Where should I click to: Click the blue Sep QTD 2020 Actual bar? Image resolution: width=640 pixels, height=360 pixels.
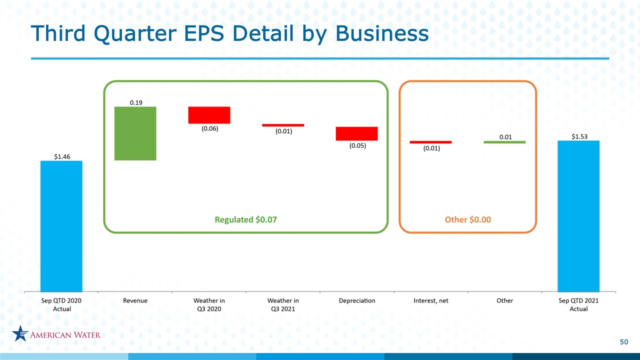click(x=61, y=226)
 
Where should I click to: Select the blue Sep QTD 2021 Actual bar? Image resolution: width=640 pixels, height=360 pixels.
click(x=578, y=216)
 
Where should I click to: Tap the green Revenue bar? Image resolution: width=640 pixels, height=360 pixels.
click(x=135, y=133)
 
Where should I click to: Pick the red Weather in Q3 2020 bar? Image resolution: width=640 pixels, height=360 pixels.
click(x=209, y=115)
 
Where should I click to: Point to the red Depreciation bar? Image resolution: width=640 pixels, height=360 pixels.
click(x=357, y=133)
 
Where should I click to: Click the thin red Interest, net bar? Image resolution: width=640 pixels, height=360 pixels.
click(x=431, y=142)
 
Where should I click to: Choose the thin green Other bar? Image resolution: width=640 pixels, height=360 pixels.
click(x=504, y=142)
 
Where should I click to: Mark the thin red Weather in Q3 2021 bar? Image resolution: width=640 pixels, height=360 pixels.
click(x=283, y=125)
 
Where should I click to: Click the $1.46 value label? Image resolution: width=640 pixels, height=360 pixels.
click(x=62, y=156)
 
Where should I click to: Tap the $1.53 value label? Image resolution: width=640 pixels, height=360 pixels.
click(x=579, y=136)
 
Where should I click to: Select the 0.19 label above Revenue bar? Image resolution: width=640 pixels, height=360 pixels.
click(x=136, y=102)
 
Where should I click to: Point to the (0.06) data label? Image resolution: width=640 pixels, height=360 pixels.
click(x=210, y=128)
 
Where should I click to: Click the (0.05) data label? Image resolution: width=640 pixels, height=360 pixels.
click(x=357, y=145)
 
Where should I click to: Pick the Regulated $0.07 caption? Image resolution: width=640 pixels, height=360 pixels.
click(x=245, y=219)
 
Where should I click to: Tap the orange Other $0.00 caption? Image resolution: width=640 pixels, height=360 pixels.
click(x=468, y=219)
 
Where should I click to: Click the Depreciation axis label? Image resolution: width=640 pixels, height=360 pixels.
click(x=357, y=300)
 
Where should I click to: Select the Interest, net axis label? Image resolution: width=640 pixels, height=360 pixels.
click(x=431, y=300)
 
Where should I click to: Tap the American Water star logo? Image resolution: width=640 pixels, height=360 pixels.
click(x=20, y=333)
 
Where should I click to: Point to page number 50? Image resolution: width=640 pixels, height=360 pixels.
click(x=624, y=342)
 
